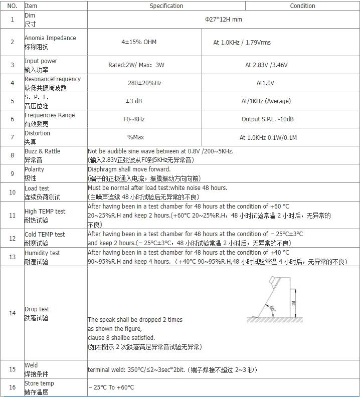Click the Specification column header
point(166,6)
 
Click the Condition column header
point(302,6)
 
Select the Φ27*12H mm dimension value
point(224,20)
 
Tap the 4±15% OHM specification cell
point(139,42)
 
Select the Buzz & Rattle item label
point(42,151)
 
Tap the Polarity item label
point(34,169)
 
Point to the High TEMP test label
point(45,212)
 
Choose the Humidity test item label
point(42,253)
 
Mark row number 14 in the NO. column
point(13,313)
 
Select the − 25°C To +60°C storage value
point(111,387)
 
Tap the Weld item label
point(31,365)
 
